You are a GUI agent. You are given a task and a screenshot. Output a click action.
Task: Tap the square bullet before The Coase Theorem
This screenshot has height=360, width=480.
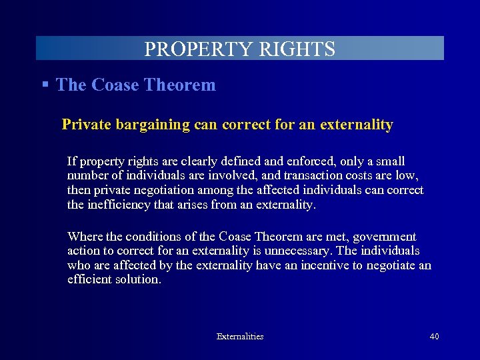(x=45, y=85)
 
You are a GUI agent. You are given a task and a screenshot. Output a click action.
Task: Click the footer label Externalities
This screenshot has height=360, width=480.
(x=240, y=337)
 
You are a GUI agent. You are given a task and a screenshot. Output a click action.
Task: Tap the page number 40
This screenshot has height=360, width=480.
(x=434, y=337)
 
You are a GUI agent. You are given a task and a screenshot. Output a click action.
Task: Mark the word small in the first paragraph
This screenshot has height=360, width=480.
(x=390, y=161)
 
